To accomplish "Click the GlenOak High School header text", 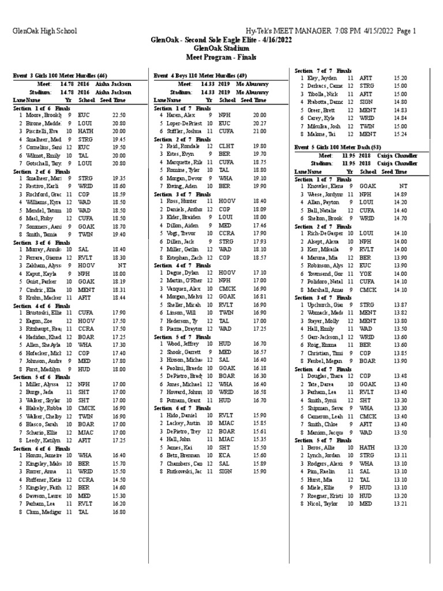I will click(44, 31).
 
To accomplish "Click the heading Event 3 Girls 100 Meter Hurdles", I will click(60, 76).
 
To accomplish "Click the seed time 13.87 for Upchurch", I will click(400, 304).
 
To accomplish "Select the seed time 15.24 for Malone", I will click(400, 134).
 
